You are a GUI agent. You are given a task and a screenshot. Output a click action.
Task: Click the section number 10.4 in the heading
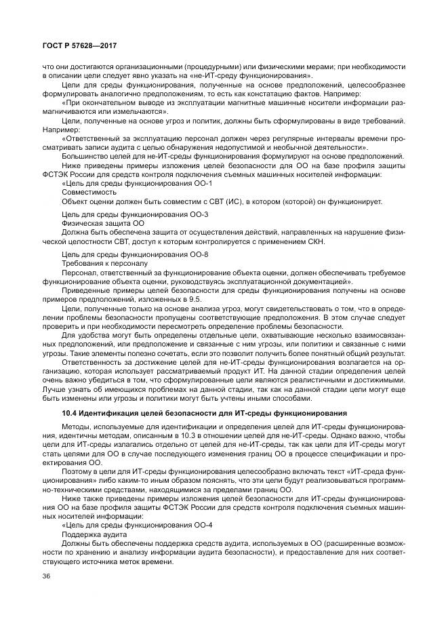click(x=70, y=412)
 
